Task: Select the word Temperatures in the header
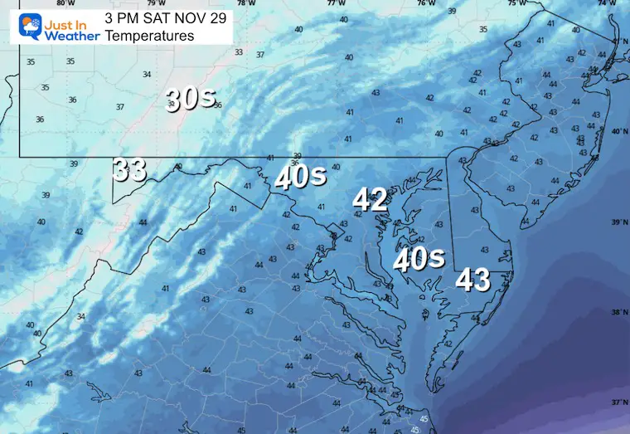coord(150,36)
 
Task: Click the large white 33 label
coord(129,169)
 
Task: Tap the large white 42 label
coord(370,199)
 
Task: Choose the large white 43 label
coord(472,280)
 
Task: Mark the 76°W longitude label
coord(426,3)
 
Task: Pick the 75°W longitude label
coord(517,3)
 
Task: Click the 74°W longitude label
coord(611,3)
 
